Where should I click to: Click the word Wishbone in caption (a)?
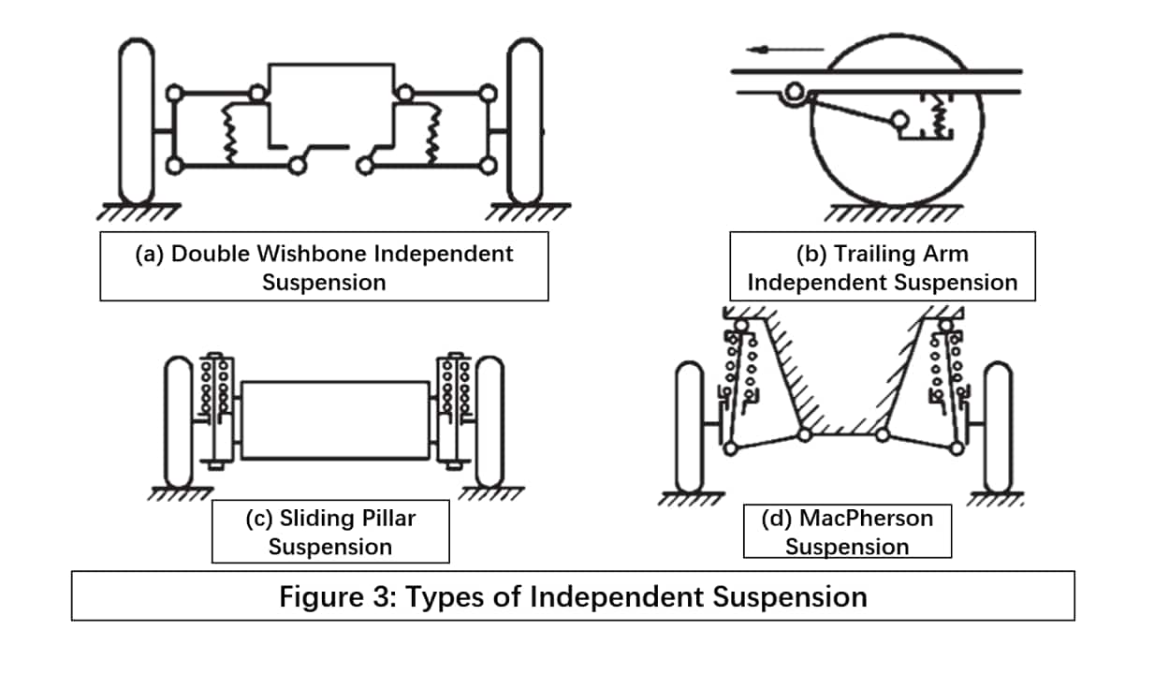click(x=313, y=254)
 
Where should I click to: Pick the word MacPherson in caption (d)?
click(x=866, y=519)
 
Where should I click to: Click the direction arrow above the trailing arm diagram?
click(x=784, y=50)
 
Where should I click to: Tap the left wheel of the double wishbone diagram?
click(x=137, y=121)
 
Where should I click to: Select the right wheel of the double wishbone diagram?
click(x=525, y=121)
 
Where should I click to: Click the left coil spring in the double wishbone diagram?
click(x=229, y=134)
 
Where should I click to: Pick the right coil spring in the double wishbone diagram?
click(x=433, y=134)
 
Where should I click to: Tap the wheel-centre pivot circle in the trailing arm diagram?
click(x=900, y=121)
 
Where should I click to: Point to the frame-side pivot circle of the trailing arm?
click(x=795, y=93)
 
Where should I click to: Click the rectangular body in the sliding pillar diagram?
click(x=335, y=420)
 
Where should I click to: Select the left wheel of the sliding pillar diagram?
click(x=178, y=421)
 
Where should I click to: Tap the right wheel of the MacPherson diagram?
click(x=998, y=428)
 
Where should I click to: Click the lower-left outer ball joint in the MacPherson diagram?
click(x=731, y=448)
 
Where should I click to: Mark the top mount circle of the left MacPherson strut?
click(x=741, y=326)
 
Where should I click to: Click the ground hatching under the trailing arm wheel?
click(x=893, y=212)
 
